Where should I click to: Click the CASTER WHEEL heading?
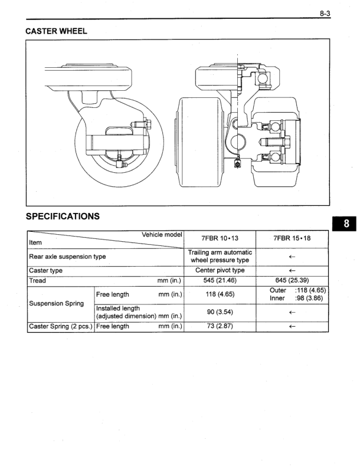pyautogui.click(x=57, y=32)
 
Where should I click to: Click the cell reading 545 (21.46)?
pyautogui.click(x=220, y=280)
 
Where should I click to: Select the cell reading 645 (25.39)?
pyautogui.click(x=292, y=280)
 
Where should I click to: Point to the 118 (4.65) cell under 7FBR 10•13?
pyautogui.click(x=220, y=294)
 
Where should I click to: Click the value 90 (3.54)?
pyautogui.click(x=220, y=313)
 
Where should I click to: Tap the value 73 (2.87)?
pyautogui.click(x=220, y=327)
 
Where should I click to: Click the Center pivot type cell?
pyautogui.click(x=220, y=271)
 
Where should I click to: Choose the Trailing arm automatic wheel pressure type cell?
pyautogui.click(x=220, y=257)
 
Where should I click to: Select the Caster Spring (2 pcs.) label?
pyautogui.click(x=60, y=327)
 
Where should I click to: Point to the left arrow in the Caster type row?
pyautogui.click(x=292, y=271)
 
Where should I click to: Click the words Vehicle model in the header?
pyautogui.click(x=162, y=234)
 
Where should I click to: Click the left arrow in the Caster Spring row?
pyautogui.click(x=292, y=327)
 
